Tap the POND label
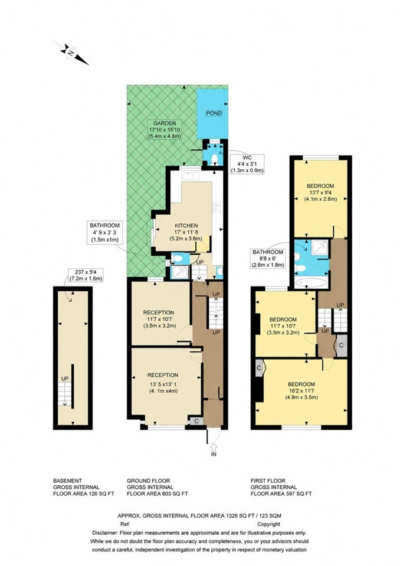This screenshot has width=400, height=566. pyautogui.click(x=214, y=113)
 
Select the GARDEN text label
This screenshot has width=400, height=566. pyautogui.click(x=165, y=123)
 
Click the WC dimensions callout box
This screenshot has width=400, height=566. pyautogui.click(x=247, y=164)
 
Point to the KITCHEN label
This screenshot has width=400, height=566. pyautogui.click(x=186, y=226)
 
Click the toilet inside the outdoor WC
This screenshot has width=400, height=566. pyautogui.click(x=214, y=159)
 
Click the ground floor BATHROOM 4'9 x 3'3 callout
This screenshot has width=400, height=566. pyautogui.click(x=104, y=232)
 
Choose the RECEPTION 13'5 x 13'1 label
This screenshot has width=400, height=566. pyautogui.click(x=163, y=383)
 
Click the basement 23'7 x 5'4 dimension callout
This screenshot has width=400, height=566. pyautogui.click(x=86, y=275)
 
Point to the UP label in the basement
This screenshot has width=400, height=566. pyautogui.click(x=65, y=379)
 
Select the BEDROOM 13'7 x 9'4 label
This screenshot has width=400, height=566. pyautogui.click(x=320, y=192)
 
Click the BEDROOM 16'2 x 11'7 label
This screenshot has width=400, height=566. pyautogui.click(x=301, y=390)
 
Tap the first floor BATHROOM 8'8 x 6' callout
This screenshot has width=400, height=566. pyautogui.click(x=268, y=258)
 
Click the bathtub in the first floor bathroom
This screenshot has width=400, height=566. pyautogui.click(x=312, y=282)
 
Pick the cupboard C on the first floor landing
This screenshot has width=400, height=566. pyautogui.click(x=341, y=345)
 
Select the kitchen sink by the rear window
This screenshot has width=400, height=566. pyautogui.click(x=190, y=176)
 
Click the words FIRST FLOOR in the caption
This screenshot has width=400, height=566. pyautogui.click(x=268, y=481)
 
